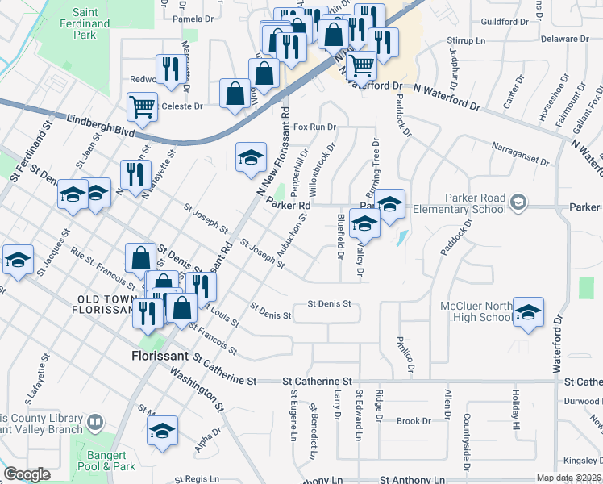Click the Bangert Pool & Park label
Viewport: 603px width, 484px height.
[x=107, y=461]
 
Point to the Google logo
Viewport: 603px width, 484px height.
[x=27, y=474]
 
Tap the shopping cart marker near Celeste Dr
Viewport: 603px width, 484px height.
[x=142, y=106]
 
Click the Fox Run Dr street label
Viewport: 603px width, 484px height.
[x=314, y=127]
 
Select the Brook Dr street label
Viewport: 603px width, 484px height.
[x=414, y=420]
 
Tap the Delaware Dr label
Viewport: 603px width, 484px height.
[x=560, y=38]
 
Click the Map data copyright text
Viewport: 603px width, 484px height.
[x=568, y=478]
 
